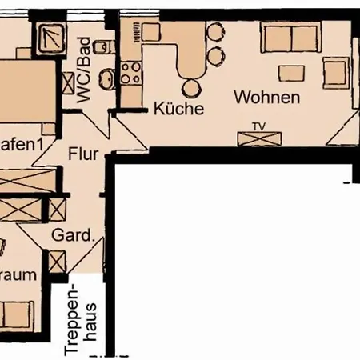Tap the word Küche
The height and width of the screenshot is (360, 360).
[x=178, y=108]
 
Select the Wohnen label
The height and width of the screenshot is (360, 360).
[x=267, y=98]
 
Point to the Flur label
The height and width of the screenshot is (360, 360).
[x=83, y=151]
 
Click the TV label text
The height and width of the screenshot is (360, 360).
[x=258, y=126]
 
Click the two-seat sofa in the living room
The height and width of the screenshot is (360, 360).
[x=292, y=38]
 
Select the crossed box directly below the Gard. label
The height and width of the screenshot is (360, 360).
[x=57, y=262]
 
